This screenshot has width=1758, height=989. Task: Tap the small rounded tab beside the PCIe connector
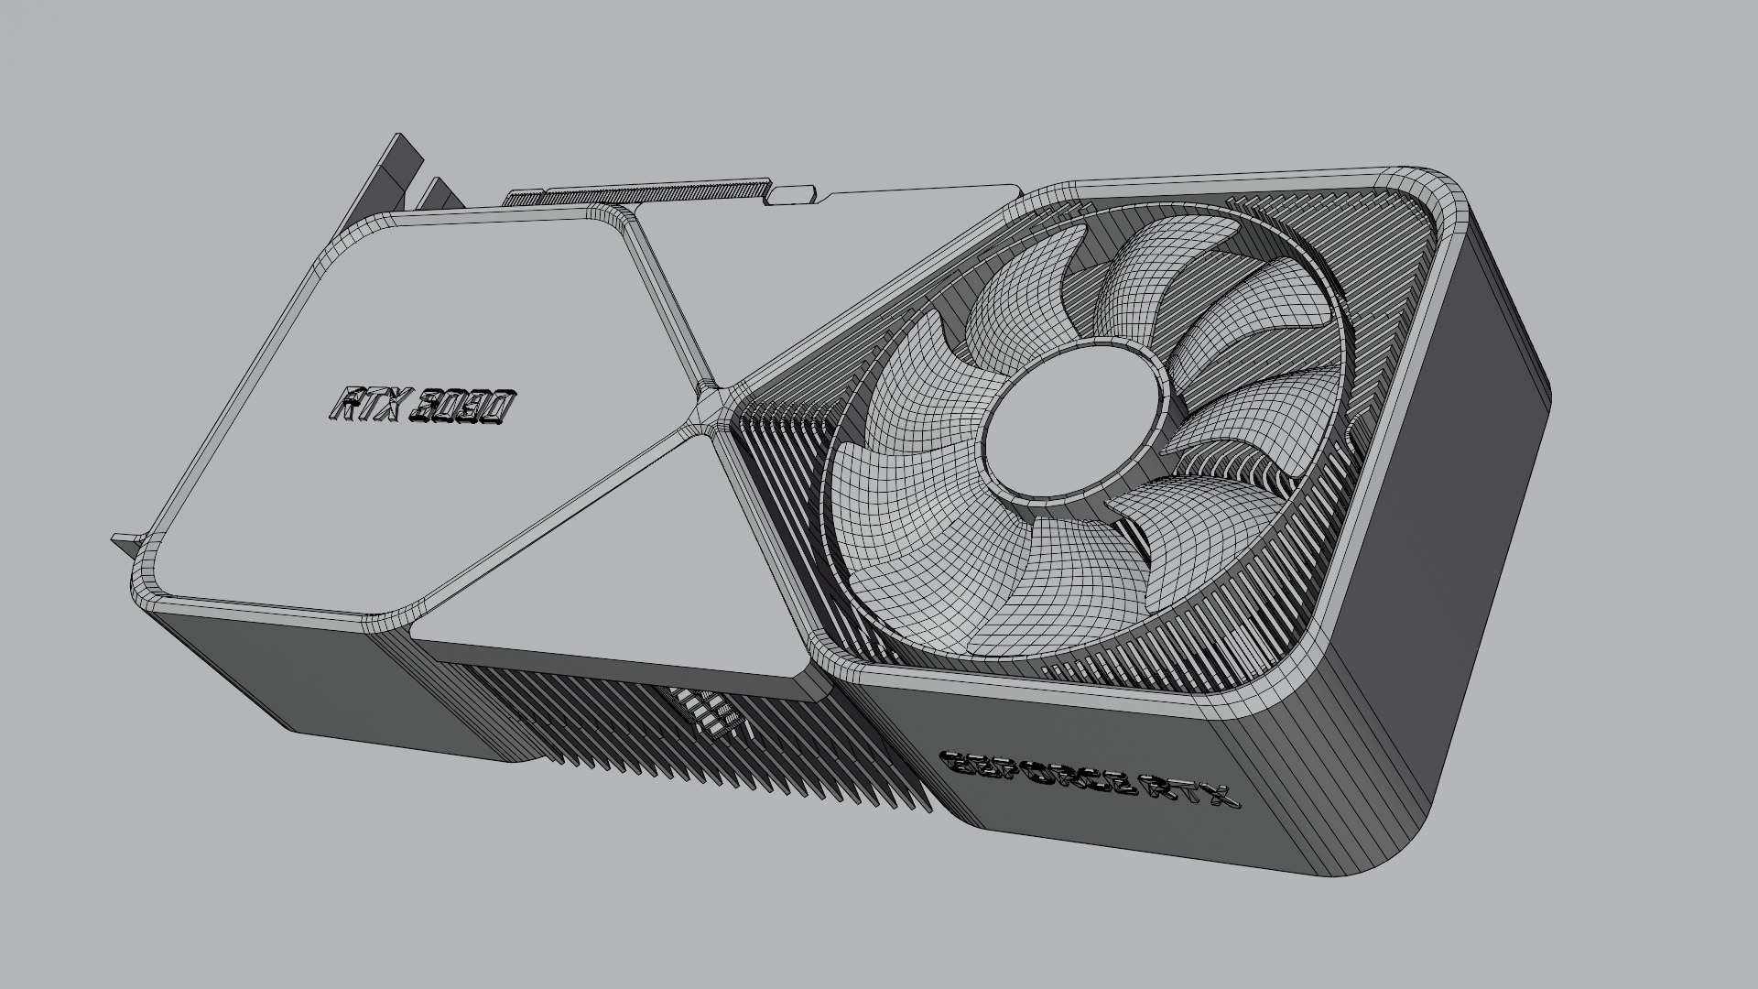click(x=794, y=193)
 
